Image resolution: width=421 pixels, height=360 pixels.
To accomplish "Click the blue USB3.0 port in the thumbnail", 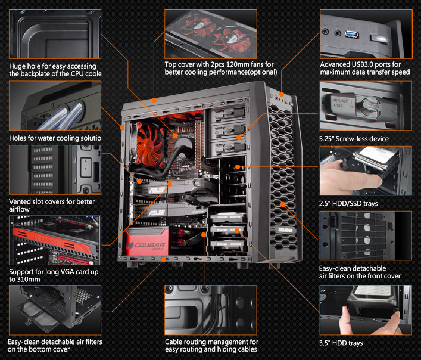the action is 352,35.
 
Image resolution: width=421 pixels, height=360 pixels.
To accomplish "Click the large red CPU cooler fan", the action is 148,144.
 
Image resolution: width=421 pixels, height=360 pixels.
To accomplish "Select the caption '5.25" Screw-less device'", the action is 354,139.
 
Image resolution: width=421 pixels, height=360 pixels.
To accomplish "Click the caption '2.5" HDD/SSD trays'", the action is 348,204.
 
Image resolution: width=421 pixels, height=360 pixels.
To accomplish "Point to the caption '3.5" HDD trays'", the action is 341,343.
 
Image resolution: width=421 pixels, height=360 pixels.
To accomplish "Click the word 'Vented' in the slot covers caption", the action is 20,202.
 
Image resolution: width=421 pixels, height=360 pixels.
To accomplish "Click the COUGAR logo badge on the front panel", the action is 285,229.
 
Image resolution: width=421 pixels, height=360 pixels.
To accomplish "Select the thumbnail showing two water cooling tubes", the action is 55,106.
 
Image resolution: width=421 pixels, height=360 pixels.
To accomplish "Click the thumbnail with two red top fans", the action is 211,34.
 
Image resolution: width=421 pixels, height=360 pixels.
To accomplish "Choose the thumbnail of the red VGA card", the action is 55,240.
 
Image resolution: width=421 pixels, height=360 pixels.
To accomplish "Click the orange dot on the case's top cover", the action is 154,100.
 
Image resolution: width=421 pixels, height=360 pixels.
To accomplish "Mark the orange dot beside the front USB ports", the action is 282,94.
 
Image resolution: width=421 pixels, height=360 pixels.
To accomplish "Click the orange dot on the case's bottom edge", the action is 164,259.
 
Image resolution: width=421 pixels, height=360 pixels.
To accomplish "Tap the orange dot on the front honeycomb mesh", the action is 283,204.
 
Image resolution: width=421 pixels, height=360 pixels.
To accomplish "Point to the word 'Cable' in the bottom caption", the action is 173,342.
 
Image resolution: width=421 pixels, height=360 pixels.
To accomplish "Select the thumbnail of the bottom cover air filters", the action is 55,311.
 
